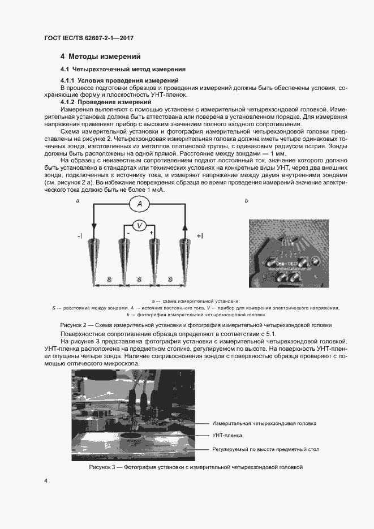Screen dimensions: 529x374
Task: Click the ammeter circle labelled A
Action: pyautogui.click(x=139, y=204)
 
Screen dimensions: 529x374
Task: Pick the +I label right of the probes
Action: pyautogui.click(x=200, y=235)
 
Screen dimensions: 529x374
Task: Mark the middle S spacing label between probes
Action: pyautogui.click(x=139, y=279)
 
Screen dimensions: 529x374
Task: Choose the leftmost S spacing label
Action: pyautogui.click(x=109, y=279)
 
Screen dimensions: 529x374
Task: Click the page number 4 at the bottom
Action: pyautogui.click(x=45, y=480)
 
